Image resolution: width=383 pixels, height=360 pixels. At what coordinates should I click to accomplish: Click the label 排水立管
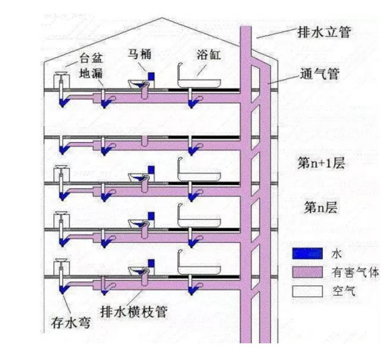click(x=324, y=32)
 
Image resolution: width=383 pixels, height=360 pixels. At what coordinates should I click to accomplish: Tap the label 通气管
click(x=320, y=73)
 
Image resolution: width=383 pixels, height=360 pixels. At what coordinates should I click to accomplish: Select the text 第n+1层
click(x=320, y=163)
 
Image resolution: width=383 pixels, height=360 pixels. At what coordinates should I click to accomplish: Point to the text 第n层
click(x=320, y=208)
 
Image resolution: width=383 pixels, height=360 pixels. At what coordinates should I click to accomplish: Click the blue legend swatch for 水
click(x=307, y=253)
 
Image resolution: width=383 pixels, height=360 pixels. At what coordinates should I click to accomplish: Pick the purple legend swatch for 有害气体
click(x=307, y=272)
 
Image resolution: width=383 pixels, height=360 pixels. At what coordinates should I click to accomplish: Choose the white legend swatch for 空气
click(x=307, y=291)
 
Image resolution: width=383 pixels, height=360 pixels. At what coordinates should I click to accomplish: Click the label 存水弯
click(x=71, y=322)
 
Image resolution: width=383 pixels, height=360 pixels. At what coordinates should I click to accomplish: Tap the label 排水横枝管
click(x=134, y=312)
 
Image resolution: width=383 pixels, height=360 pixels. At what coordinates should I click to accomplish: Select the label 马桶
click(x=140, y=54)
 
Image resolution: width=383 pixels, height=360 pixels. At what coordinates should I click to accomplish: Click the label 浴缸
click(x=209, y=55)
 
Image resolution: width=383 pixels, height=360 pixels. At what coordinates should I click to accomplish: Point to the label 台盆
click(x=91, y=58)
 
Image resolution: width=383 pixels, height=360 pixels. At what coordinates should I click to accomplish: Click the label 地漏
click(x=91, y=73)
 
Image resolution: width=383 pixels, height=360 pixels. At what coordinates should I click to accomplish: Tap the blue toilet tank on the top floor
click(x=151, y=76)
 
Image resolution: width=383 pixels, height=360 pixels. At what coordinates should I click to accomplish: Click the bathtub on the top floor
click(x=199, y=83)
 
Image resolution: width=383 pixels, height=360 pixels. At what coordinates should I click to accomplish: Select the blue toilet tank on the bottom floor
click(x=151, y=263)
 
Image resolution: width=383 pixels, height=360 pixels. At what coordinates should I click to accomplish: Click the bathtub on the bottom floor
click(x=199, y=270)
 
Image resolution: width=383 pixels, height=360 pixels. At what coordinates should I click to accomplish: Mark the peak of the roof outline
click(x=161, y=18)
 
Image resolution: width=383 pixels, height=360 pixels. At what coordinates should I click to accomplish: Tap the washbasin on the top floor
click(x=61, y=73)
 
